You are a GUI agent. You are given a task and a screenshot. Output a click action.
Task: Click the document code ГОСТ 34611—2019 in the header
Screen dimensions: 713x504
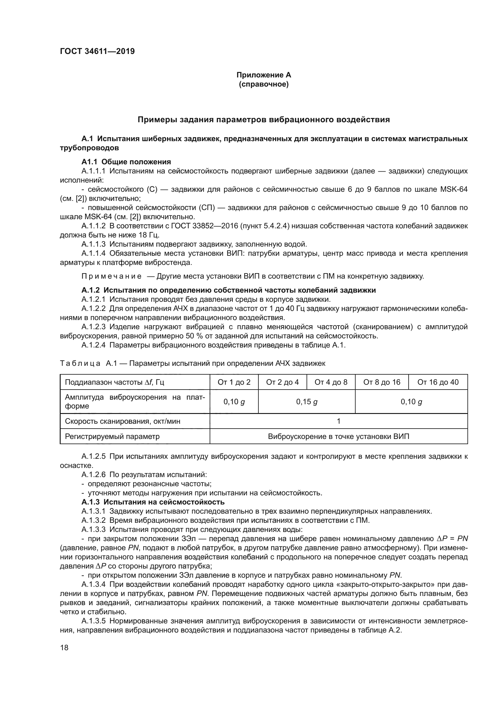click(x=97, y=51)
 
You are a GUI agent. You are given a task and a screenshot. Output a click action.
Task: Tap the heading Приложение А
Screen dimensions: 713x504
click(x=264, y=75)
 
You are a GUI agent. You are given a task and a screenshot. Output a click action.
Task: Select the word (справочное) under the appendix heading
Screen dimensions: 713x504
click(x=264, y=84)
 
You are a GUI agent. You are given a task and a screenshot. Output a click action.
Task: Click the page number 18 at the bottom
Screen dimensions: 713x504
click(x=64, y=647)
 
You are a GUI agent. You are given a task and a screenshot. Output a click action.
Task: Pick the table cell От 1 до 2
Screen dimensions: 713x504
click(x=234, y=382)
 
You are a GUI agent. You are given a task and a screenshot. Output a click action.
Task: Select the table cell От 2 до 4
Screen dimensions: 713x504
click(x=282, y=382)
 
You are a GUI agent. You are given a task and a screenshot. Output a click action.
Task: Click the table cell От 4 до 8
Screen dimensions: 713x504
click(x=331, y=382)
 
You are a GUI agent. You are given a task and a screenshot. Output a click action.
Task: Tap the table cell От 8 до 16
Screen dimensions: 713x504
click(x=382, y=382)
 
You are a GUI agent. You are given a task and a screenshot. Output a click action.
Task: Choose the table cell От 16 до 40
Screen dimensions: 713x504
click(x=438, y=382)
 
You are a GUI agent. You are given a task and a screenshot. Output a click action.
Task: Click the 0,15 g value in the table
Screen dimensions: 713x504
click(x=306, y=402)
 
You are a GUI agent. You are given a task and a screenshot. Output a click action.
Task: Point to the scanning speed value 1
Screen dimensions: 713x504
click(x=338, y=421)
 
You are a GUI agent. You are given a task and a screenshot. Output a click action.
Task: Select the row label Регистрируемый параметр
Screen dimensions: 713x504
click(x=112, y=436)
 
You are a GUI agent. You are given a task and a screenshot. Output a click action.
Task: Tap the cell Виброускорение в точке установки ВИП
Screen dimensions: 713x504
click(x=338, y=436)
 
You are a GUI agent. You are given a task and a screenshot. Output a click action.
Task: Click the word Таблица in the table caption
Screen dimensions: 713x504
click(x=80, y=363)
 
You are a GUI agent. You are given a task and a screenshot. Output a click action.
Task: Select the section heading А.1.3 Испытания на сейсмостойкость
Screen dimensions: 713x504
click(x=153, y=502)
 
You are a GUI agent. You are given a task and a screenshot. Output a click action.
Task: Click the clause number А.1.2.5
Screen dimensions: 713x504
click(x=94, y=456)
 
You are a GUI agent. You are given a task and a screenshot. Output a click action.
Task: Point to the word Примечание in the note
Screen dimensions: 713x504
click(x=112, y=276)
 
